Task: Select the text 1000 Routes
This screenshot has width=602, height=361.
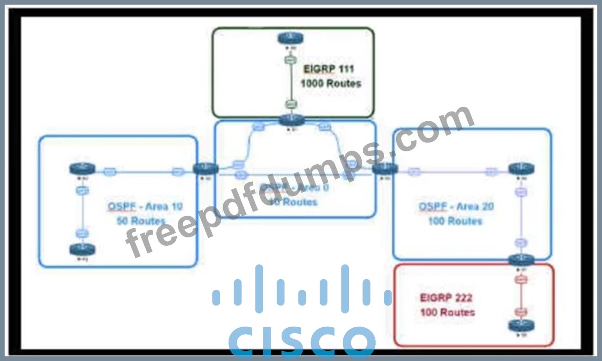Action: click(x=330, y=84)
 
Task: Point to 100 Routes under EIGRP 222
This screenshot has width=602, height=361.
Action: click(x=447, y=312)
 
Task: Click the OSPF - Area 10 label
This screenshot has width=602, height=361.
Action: click(x=145, y=206)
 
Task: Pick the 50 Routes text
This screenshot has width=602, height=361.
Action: click(x=142, y=221)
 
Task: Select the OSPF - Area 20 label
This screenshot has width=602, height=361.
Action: click(x=456, y=206)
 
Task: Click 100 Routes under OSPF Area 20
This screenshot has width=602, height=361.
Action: click(x=455, y=221)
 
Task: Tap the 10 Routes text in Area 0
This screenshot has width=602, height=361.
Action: click(x=300, y=202)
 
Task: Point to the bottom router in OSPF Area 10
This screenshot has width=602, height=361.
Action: click(x=82, y=249)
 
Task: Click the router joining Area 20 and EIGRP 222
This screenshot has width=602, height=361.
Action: click(x=521, y=260)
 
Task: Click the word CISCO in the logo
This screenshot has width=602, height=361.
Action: click(x=302, y=342)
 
